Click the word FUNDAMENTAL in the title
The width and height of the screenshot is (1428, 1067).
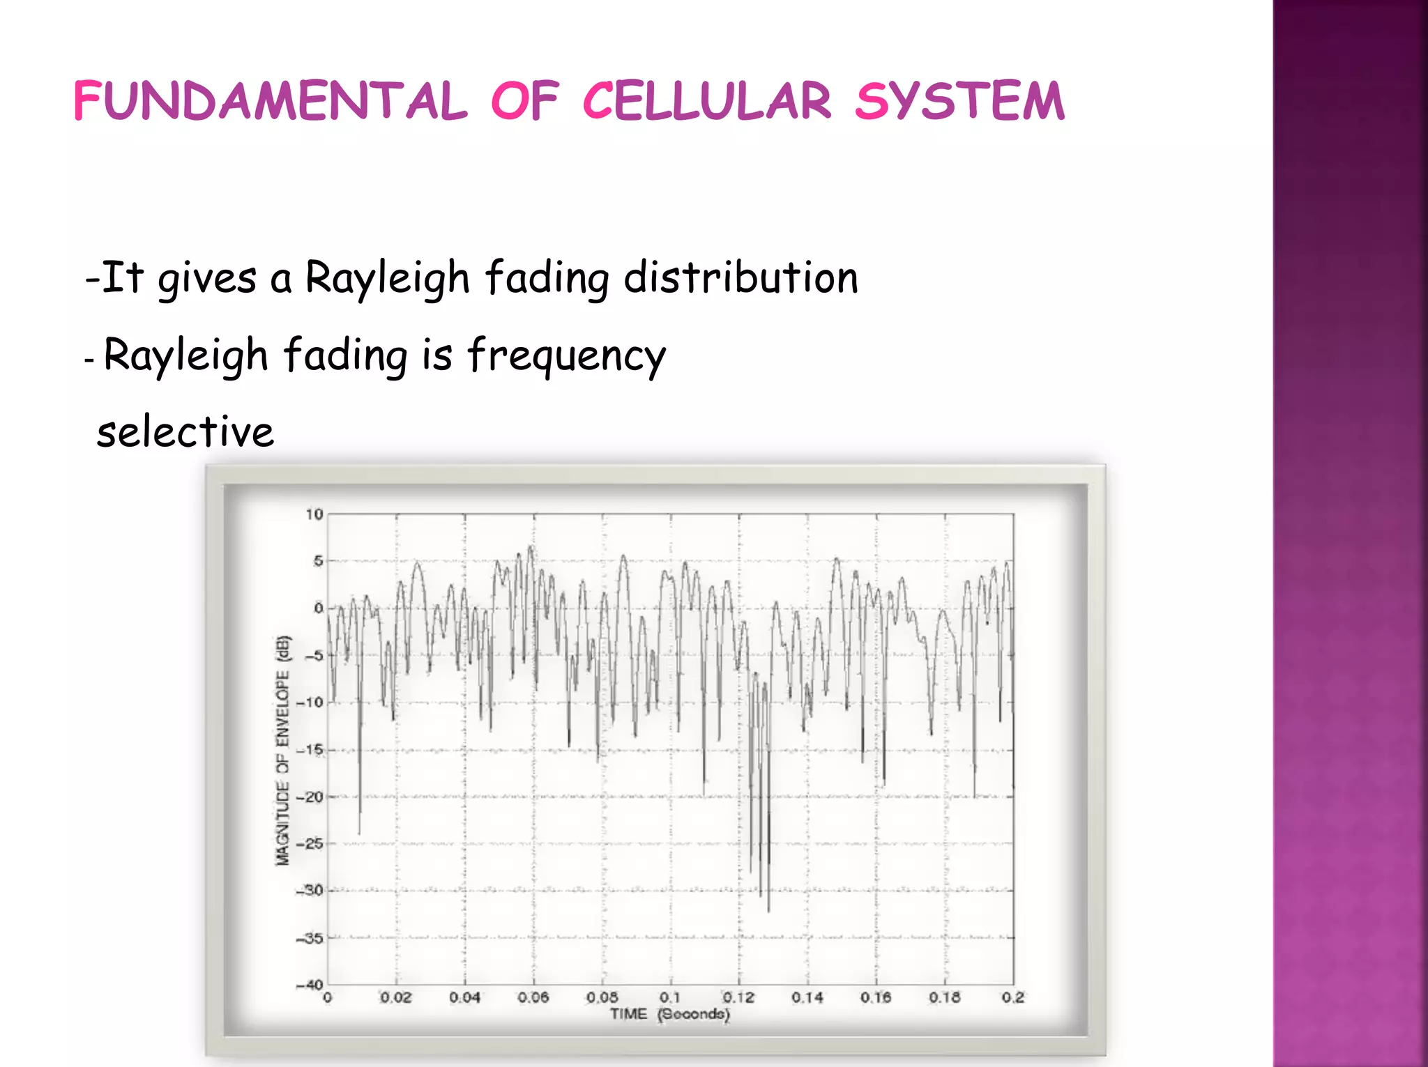pyautogui.click(x=270, y=101)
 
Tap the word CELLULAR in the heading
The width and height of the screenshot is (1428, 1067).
pyautogui.click(x=706, y=101)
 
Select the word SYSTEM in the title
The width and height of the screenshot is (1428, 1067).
pyautogui.click(x=959, y=101)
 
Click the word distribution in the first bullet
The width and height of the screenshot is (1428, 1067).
pyautogui.click(x=740, y=278)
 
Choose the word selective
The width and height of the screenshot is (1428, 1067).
pyautogui.click(x=185, y=432)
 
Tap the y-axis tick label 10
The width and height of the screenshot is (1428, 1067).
pyautogui.click(x=314, y=514)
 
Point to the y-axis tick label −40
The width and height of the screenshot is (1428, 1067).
pyautogui.click(x=310, y=985)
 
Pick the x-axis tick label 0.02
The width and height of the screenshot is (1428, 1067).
pyautogui.click(x=396, y=997)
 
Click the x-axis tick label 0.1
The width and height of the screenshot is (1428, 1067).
pyautogui.click(x=670, y=997)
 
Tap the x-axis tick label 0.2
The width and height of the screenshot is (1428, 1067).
pyautogui.click(x=1012, y=997)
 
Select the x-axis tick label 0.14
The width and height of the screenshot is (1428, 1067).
pyautogui.click(x=807, y=997)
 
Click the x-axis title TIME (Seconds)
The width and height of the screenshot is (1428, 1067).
pyautogui.click(x=669, y=1014)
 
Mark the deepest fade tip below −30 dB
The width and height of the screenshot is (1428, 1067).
pyautogui.click(x=768, y=910)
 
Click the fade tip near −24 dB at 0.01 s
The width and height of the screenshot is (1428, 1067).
pyautogui.click(x=359, y=833)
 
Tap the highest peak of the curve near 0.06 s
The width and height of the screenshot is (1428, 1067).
pyautogui.click(x=531, y=547)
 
